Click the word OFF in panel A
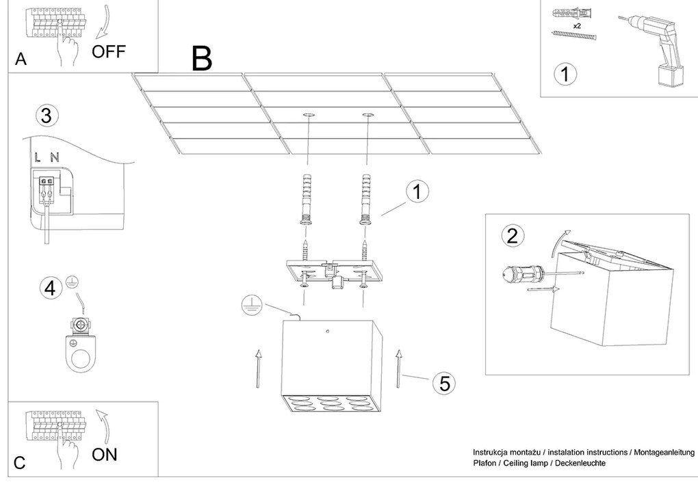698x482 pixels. coord(109,51)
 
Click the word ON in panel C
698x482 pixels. coord(105,454)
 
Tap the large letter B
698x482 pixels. coord(201,59)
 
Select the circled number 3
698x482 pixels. coord(46,116)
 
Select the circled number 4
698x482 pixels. coord(49,289)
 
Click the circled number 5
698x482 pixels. coord(444,384)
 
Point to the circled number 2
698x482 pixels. coord(513,236)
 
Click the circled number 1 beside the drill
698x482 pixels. coord(565,74)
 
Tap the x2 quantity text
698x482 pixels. coord(577,25)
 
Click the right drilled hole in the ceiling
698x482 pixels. coord(367,115)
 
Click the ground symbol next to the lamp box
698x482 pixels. coord(250,306)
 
